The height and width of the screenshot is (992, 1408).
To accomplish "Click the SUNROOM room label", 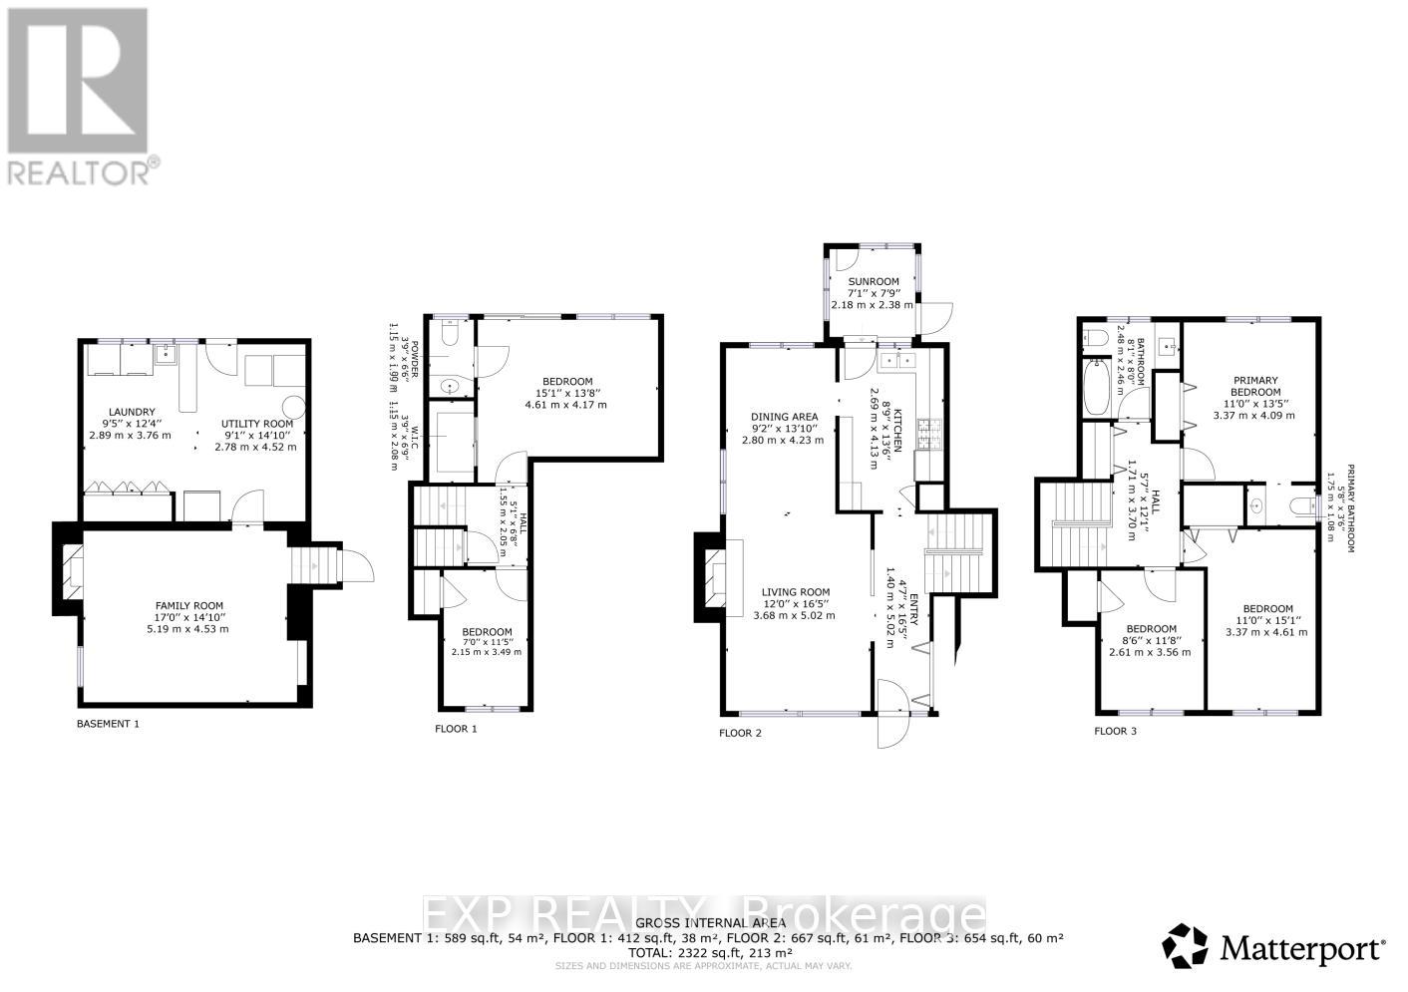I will [x=873, y=282].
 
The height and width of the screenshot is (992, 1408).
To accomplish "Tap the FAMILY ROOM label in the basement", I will [x=188, y=606].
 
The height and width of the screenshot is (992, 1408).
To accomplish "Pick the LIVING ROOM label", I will [x=797, y=592].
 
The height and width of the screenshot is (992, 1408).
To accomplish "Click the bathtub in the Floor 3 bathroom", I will [x=1095, y=389].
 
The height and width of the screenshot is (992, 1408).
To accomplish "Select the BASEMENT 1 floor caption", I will [x=108, y=724].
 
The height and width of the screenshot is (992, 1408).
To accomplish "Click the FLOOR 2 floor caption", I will [x=740, y=733].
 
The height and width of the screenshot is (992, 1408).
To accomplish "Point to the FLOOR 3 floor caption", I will [x=1115, y=731].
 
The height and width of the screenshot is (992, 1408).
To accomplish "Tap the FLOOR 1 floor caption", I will [x=456, y=729].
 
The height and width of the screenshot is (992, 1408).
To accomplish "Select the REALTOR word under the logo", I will [x=81, y=172].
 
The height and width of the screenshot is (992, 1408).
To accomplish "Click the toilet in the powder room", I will [x=449, y=339].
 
